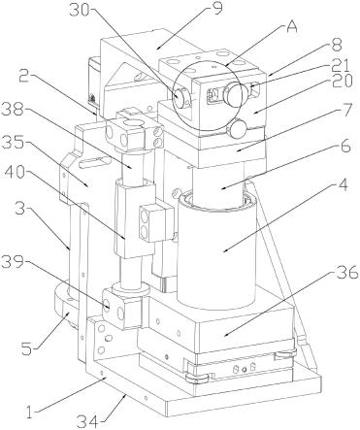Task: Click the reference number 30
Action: pos(80,11)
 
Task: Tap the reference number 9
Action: pos(217,9)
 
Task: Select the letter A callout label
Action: pos(292,26)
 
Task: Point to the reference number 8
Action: pos(337,45)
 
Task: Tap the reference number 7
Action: pos(345,110)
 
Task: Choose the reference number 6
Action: pos(344,147)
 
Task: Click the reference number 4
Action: pos(343,185)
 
